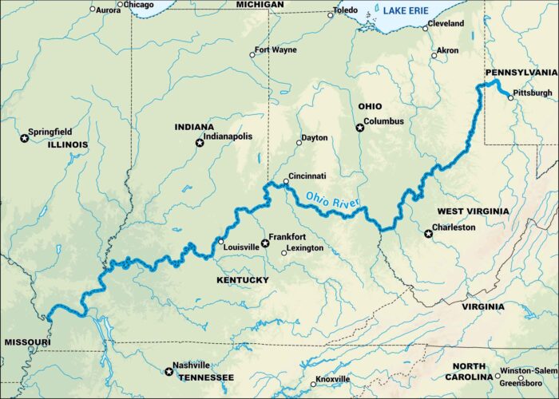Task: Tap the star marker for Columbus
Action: [359, 127]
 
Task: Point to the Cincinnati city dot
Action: [285, 181]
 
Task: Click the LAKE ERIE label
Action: [406, 10]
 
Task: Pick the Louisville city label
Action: [243, 247]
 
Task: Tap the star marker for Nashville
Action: [168, 370]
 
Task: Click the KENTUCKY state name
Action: [242, 280]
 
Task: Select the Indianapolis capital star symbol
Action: [200, 143]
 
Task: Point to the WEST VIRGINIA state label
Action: [473, 211]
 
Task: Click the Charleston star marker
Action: [429, 233]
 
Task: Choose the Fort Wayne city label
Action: [276, 50]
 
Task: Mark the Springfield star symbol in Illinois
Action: [25, 138]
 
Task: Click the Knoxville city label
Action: [332, 379]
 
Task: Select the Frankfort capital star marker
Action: [265, 243]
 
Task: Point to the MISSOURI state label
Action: [27, 342]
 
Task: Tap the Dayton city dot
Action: [299, 143]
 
